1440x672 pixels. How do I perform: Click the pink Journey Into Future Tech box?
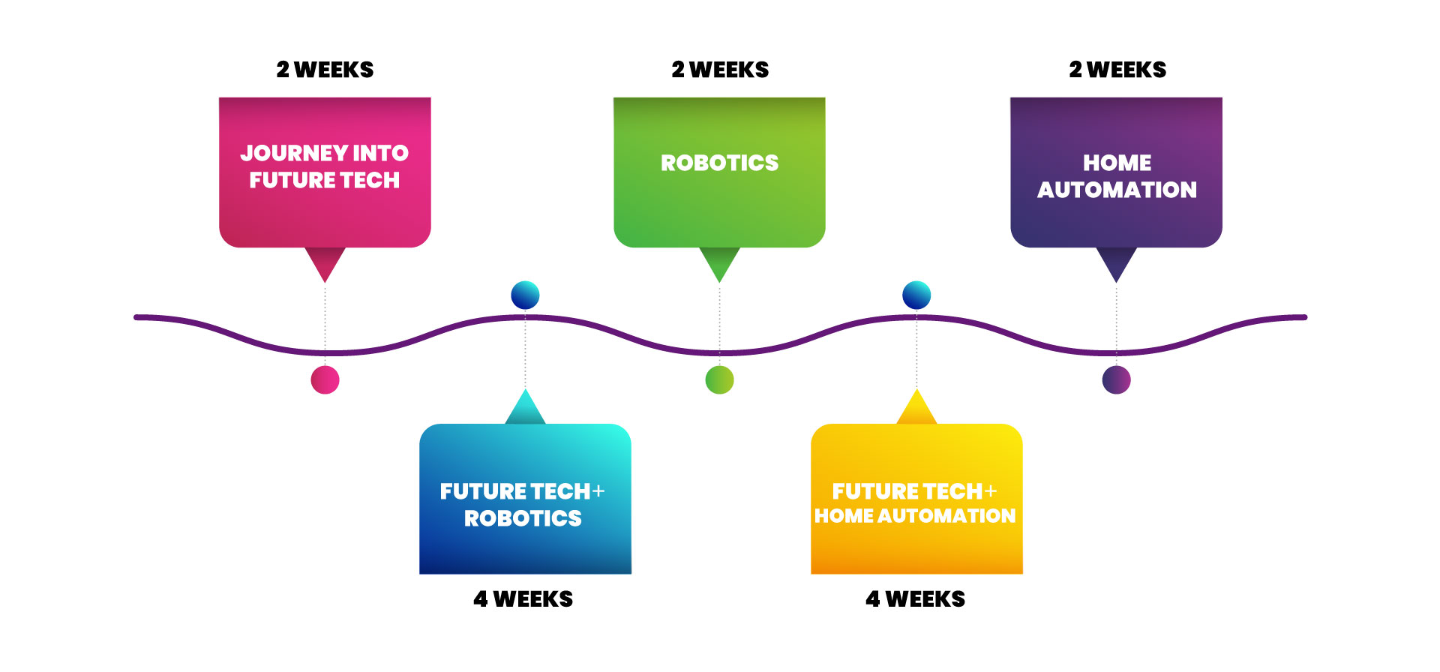click(x=325, y=172)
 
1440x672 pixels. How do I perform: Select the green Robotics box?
click(x=719, y=172)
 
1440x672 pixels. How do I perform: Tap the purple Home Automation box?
click(x=1116, y=172)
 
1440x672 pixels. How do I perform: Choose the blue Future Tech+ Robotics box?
click(x=525, y=499)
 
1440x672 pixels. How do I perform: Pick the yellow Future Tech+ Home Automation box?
click(x=916, y=499)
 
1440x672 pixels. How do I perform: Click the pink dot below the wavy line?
click(x=325, y=379)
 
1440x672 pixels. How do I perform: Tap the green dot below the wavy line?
click(x=719, y=379)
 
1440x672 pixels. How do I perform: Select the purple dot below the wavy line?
click(x=1116, y=379)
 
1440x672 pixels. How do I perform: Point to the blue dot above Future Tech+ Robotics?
click(x=525, y=295)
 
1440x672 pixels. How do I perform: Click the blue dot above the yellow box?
click(x=916, y=295)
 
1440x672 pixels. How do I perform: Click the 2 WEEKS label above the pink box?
click(x=325, y=70)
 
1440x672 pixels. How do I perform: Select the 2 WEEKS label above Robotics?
click(x=720, y=70)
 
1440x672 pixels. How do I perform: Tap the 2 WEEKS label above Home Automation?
click(x=1117, y=70)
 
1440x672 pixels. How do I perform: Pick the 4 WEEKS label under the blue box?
click(x=523, y=599)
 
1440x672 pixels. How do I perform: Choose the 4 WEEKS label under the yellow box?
click(x=915, y=599)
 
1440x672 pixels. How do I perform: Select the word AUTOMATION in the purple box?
click(x=1117, y=190)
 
